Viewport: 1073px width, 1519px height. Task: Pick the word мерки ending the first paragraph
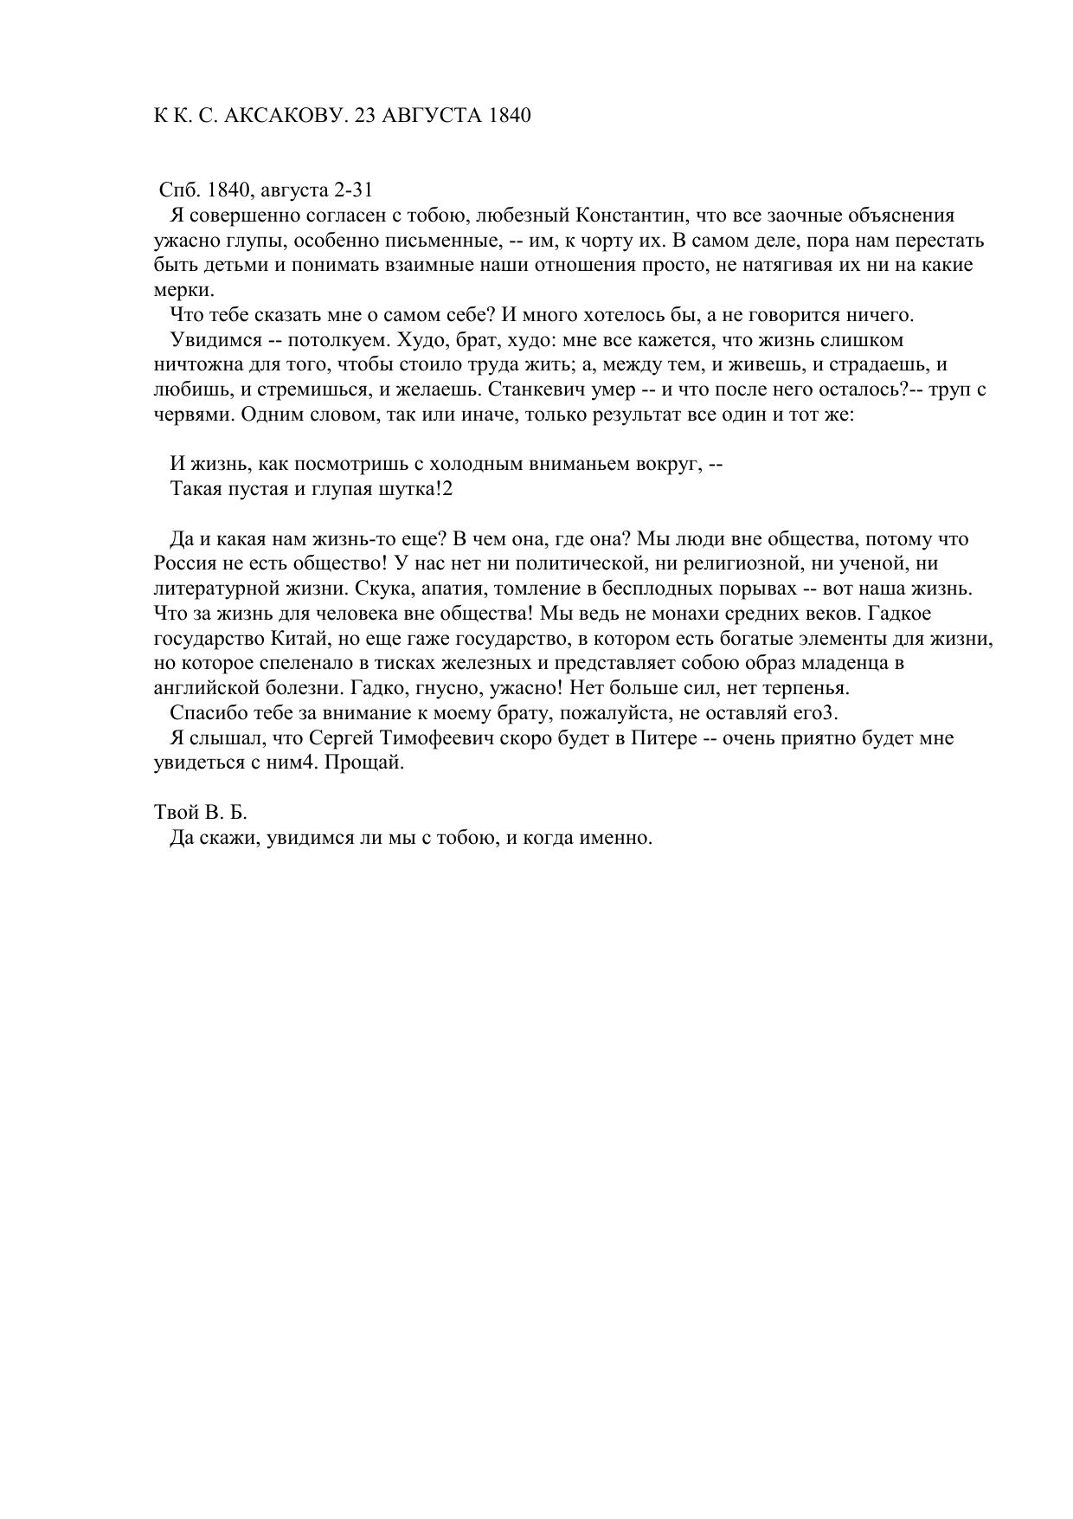click(x=182, y=289)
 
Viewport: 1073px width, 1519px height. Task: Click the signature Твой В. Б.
click(x=201, y=813)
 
